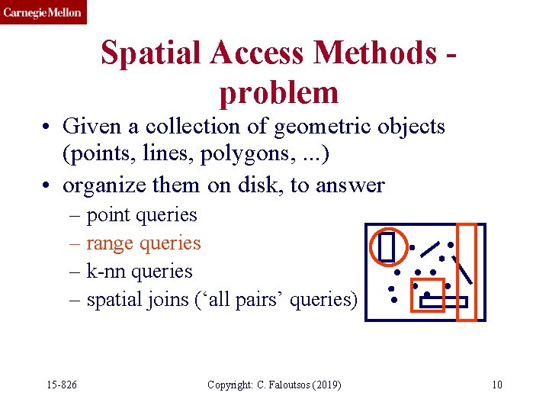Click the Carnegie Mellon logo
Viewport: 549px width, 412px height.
[43, 12]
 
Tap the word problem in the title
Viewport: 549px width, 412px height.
[278, 92]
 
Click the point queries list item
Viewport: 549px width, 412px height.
[141, 215]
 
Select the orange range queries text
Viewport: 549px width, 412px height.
[143, 243]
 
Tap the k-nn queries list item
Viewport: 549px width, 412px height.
[139, 271]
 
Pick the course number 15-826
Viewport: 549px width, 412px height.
[61, 385]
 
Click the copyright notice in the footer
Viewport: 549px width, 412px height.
[274, 385]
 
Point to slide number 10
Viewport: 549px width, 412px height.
[496, 385]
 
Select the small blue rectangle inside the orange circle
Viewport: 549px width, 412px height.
[387, 246]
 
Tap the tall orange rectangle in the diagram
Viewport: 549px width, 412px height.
[466, 272]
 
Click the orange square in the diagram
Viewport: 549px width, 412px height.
[427, 294]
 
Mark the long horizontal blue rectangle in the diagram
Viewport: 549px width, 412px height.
[443, 302]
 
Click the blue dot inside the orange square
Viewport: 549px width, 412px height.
[427, 295]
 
